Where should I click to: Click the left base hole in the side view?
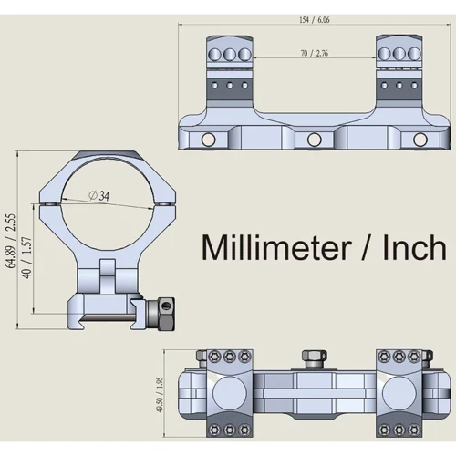point(209,139)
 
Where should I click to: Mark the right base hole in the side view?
point(420,139)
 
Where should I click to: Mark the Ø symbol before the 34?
point(95,195)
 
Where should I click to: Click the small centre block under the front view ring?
point(108,274)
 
